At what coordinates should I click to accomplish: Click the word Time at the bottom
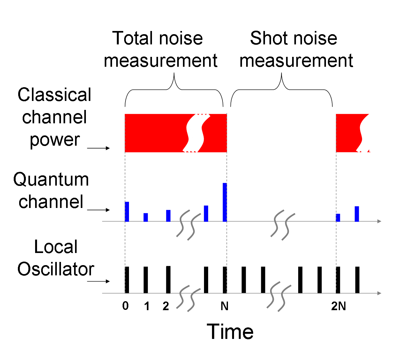point(230,332)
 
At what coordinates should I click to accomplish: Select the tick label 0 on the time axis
point(125,306)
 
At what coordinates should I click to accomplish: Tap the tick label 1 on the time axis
point(147,306)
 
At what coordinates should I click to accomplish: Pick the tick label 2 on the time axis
point(165,306)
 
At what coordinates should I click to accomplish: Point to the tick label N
point(224,306)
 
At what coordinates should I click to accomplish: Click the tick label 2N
point(338,306)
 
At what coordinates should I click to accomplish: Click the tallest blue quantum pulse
point(225,202)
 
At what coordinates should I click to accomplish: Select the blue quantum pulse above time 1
point(146,217)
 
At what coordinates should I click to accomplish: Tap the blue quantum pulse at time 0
point(127,211)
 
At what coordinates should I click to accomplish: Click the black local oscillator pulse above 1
point(146,280)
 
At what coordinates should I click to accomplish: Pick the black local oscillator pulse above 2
point(168,280)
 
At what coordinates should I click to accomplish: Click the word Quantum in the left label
point(51,180)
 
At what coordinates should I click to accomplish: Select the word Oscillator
point(56,269)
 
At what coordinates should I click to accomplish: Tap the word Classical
point(54,95)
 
